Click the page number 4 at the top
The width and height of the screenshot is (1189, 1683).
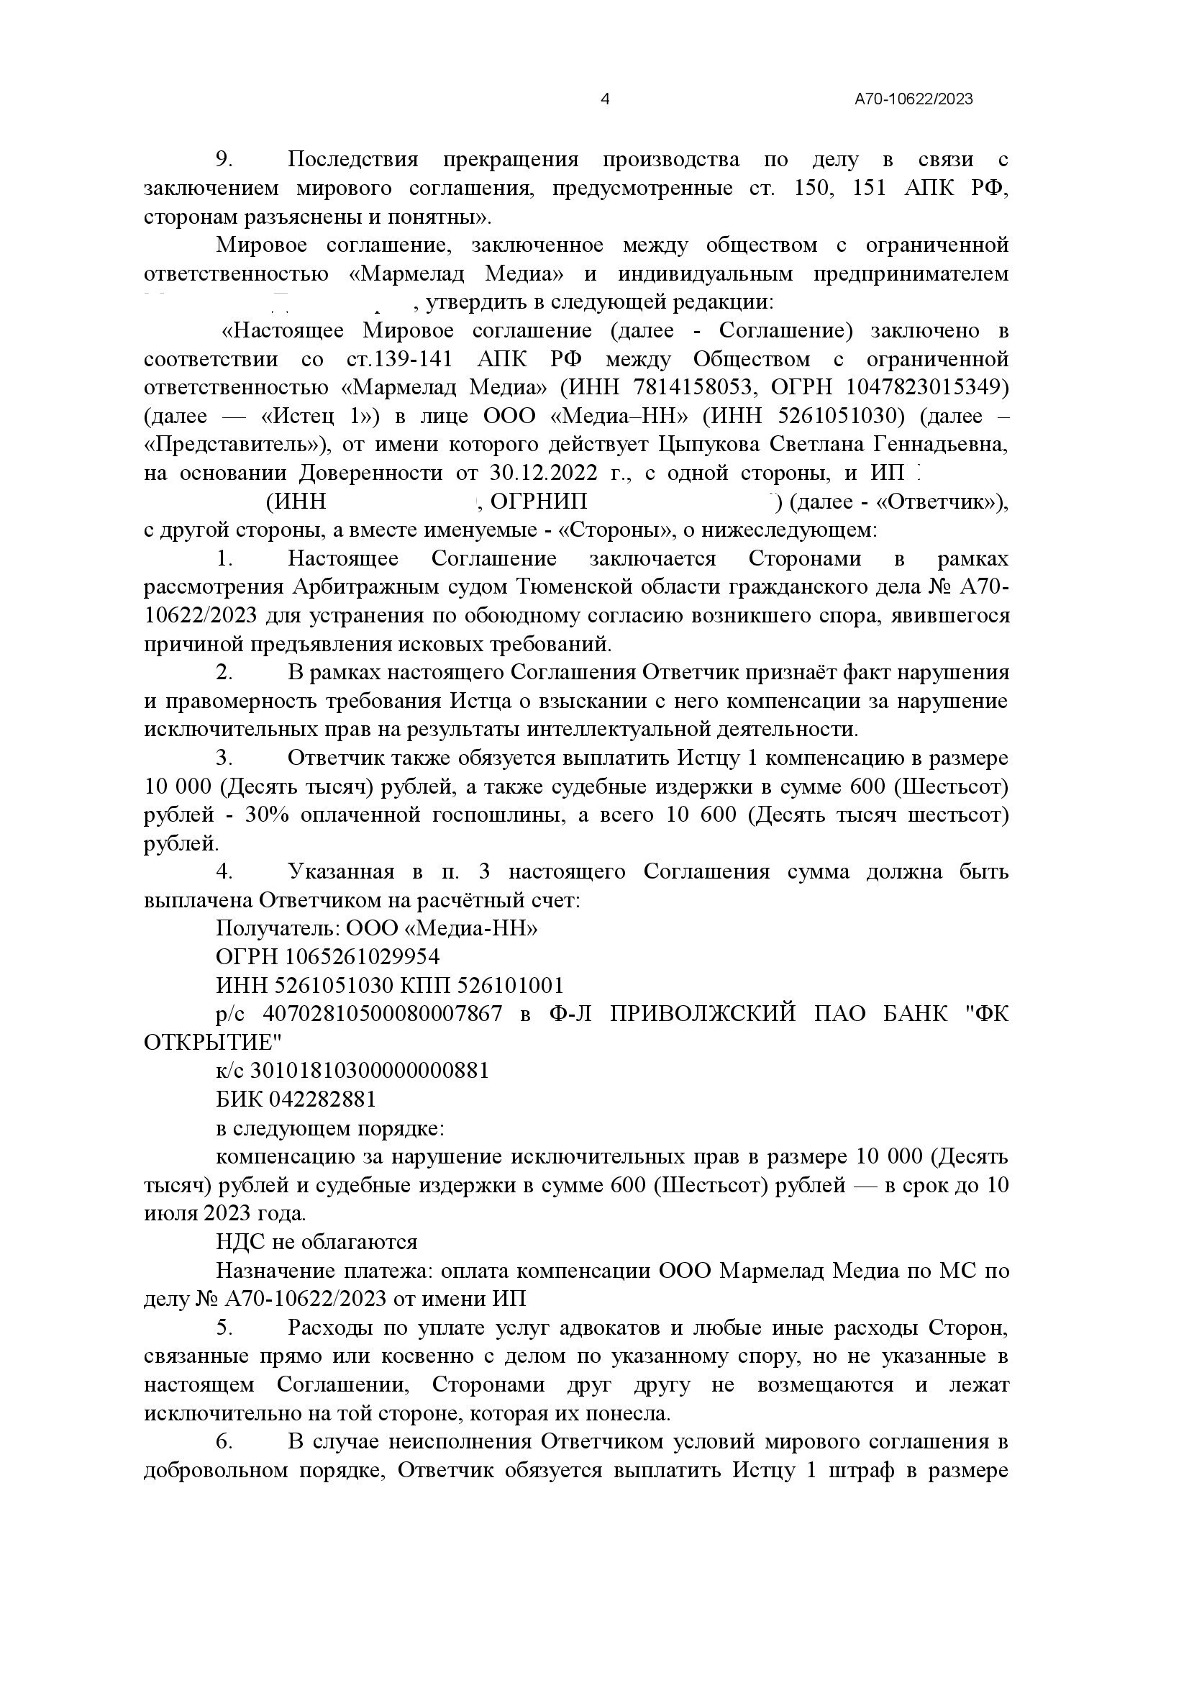(605, 99)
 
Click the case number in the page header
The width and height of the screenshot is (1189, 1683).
(914, 99)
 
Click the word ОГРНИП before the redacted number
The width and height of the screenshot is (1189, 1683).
(539, 502)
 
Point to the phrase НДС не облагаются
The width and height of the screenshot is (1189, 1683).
(316, 1242)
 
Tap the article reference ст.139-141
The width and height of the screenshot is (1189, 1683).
(398, 359)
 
